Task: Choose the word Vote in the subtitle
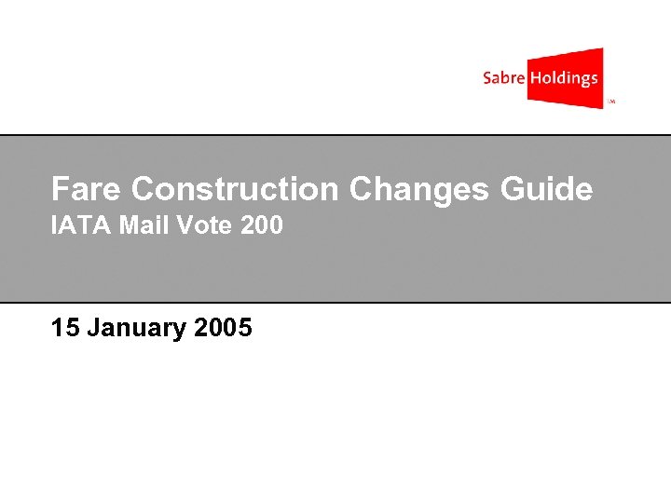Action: coord(199,225)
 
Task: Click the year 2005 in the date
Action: coord(224,328)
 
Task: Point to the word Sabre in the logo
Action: coord(503,78)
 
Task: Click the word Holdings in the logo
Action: coord(564,78)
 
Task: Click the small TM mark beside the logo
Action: coord(612,102)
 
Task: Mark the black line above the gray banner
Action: coord(335,135)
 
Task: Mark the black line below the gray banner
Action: coord(335,303)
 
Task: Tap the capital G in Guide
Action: coord(513,189)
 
